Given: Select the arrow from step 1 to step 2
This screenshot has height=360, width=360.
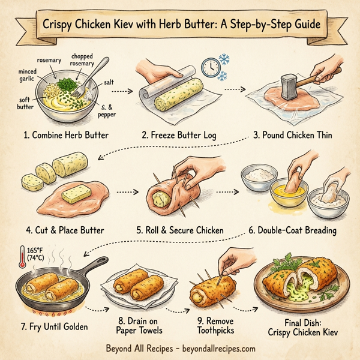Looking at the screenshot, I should click(122, 92).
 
